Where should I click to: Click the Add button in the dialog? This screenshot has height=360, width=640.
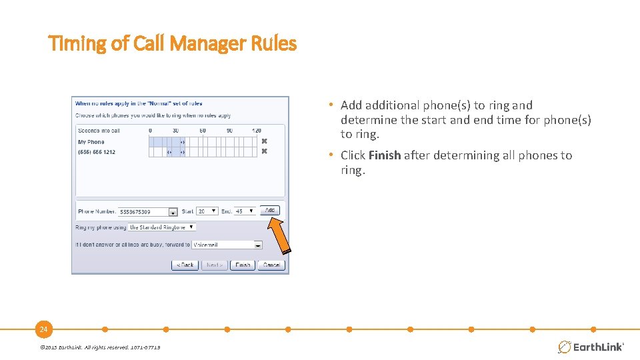tap(269, 210)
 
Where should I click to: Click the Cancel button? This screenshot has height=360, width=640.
tap(271, 265)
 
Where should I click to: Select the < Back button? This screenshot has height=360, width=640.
tap(185, 265)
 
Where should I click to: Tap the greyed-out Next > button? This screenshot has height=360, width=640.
tap(215, 265)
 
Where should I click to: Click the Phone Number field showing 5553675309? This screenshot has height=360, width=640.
tap(144, 211)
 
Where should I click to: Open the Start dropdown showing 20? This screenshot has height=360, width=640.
tap(207, 211)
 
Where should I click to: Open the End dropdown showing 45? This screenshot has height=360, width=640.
tap(245, 211)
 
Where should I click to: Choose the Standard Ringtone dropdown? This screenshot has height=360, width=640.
tap(161, 227)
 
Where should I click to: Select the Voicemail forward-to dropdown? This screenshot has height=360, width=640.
tap(227, 245)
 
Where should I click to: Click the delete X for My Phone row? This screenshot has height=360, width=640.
tap(264, 141)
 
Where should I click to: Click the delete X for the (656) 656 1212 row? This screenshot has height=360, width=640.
tap(264, 151)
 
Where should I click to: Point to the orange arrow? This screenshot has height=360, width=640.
tap(281, 235)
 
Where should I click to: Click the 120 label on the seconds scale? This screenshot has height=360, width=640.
tap(256, 131)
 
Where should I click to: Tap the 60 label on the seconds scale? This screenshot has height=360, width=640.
tap(203, 131)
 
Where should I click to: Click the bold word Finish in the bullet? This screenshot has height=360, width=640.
tap(385, 155)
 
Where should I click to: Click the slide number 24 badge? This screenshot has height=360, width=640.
tap(43, 329)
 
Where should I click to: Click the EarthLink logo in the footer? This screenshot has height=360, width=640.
tap(591, 347)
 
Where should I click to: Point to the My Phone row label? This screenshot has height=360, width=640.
tap(91, 141)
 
